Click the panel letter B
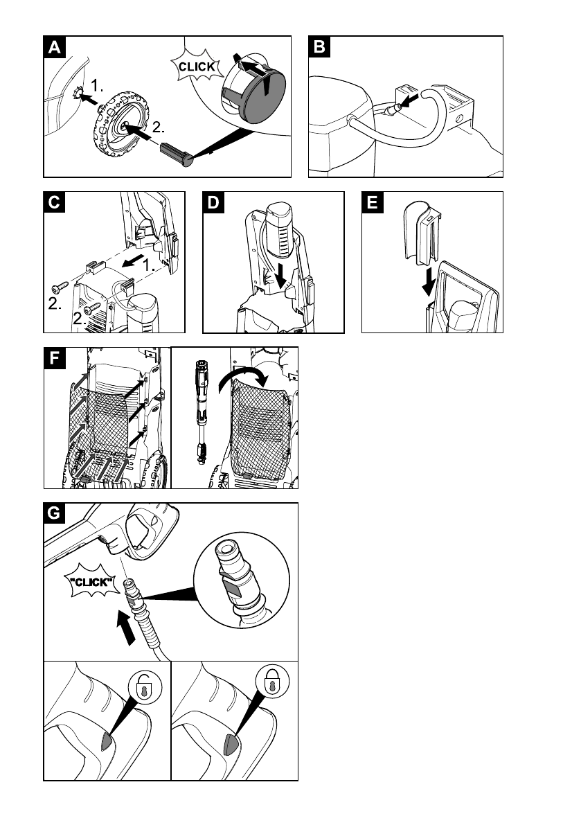tap(319, 47)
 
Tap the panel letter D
tap(214, 203)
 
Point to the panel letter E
tap(373, 203)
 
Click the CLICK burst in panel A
tap(197, 67)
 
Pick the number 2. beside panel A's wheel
tap(158, 127)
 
